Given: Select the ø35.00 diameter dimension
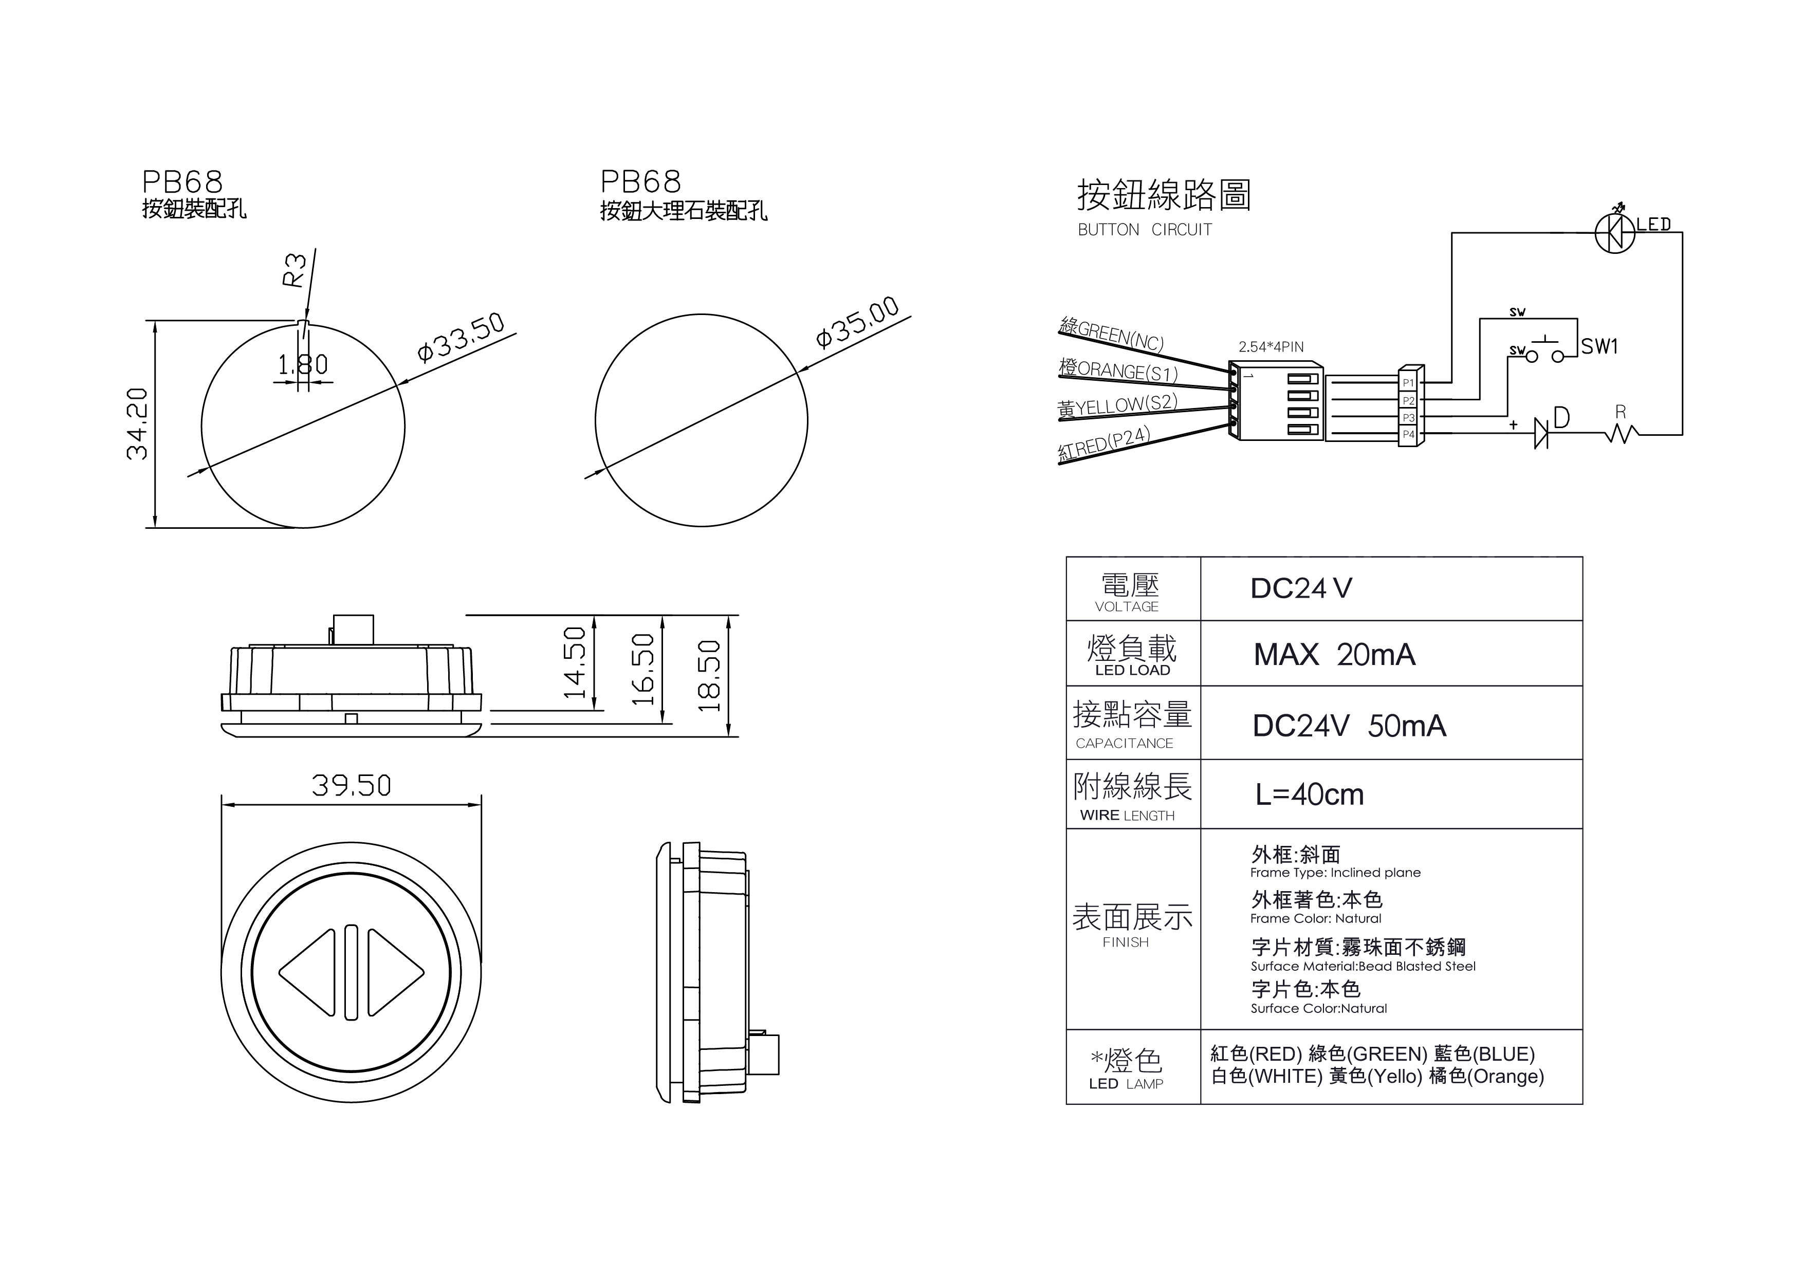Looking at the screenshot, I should click(x=857, y=323).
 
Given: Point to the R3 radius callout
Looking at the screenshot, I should click(x=293, y=270).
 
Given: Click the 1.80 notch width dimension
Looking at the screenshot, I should click(x=303, y=365).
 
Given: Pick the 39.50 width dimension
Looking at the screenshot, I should click(x=351, y=786).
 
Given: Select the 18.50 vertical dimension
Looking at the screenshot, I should click(x=709, y=676).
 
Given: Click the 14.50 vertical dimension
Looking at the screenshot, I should click(x=575, y=662).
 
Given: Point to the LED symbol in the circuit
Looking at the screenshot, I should click(x=1615, y=233).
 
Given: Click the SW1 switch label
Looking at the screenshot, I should click(x=1599, y=346).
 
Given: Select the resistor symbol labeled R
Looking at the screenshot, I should click(x=1621, y=433).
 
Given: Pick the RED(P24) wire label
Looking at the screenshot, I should click(x=1104, y=444).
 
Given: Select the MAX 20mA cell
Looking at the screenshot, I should click(x=1334, y=655).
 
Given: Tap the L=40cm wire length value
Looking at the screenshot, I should click(x=1309, y=794).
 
